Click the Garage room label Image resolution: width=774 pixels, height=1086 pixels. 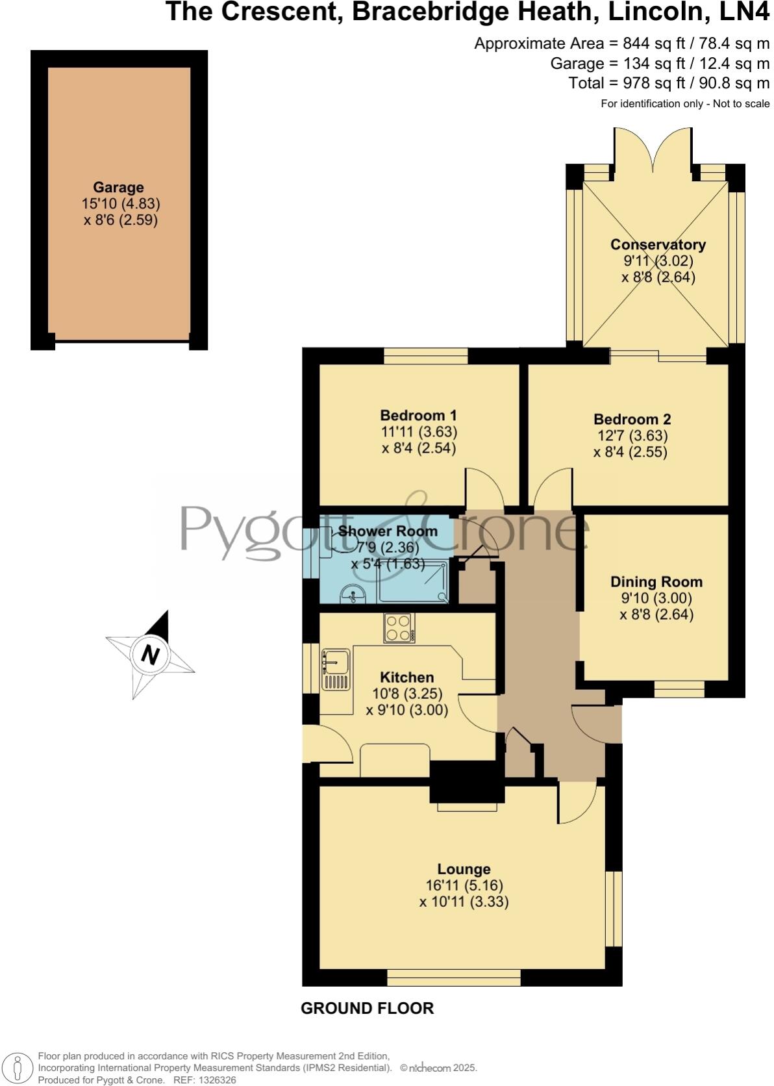coord(118,188)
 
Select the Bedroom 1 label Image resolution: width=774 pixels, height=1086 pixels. coord(418,415)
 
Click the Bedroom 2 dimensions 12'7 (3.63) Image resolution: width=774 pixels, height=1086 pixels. coord(630,436)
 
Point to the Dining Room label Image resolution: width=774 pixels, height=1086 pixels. coord(656,582)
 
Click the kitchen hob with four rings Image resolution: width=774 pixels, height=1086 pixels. coord(399,628)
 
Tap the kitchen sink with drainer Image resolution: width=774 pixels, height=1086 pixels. coord(335,669)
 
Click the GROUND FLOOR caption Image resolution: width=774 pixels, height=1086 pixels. coord(367,1008)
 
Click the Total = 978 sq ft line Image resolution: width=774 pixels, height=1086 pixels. coord(668,83)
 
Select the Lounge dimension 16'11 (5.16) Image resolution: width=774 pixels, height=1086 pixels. coord(464,885)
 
